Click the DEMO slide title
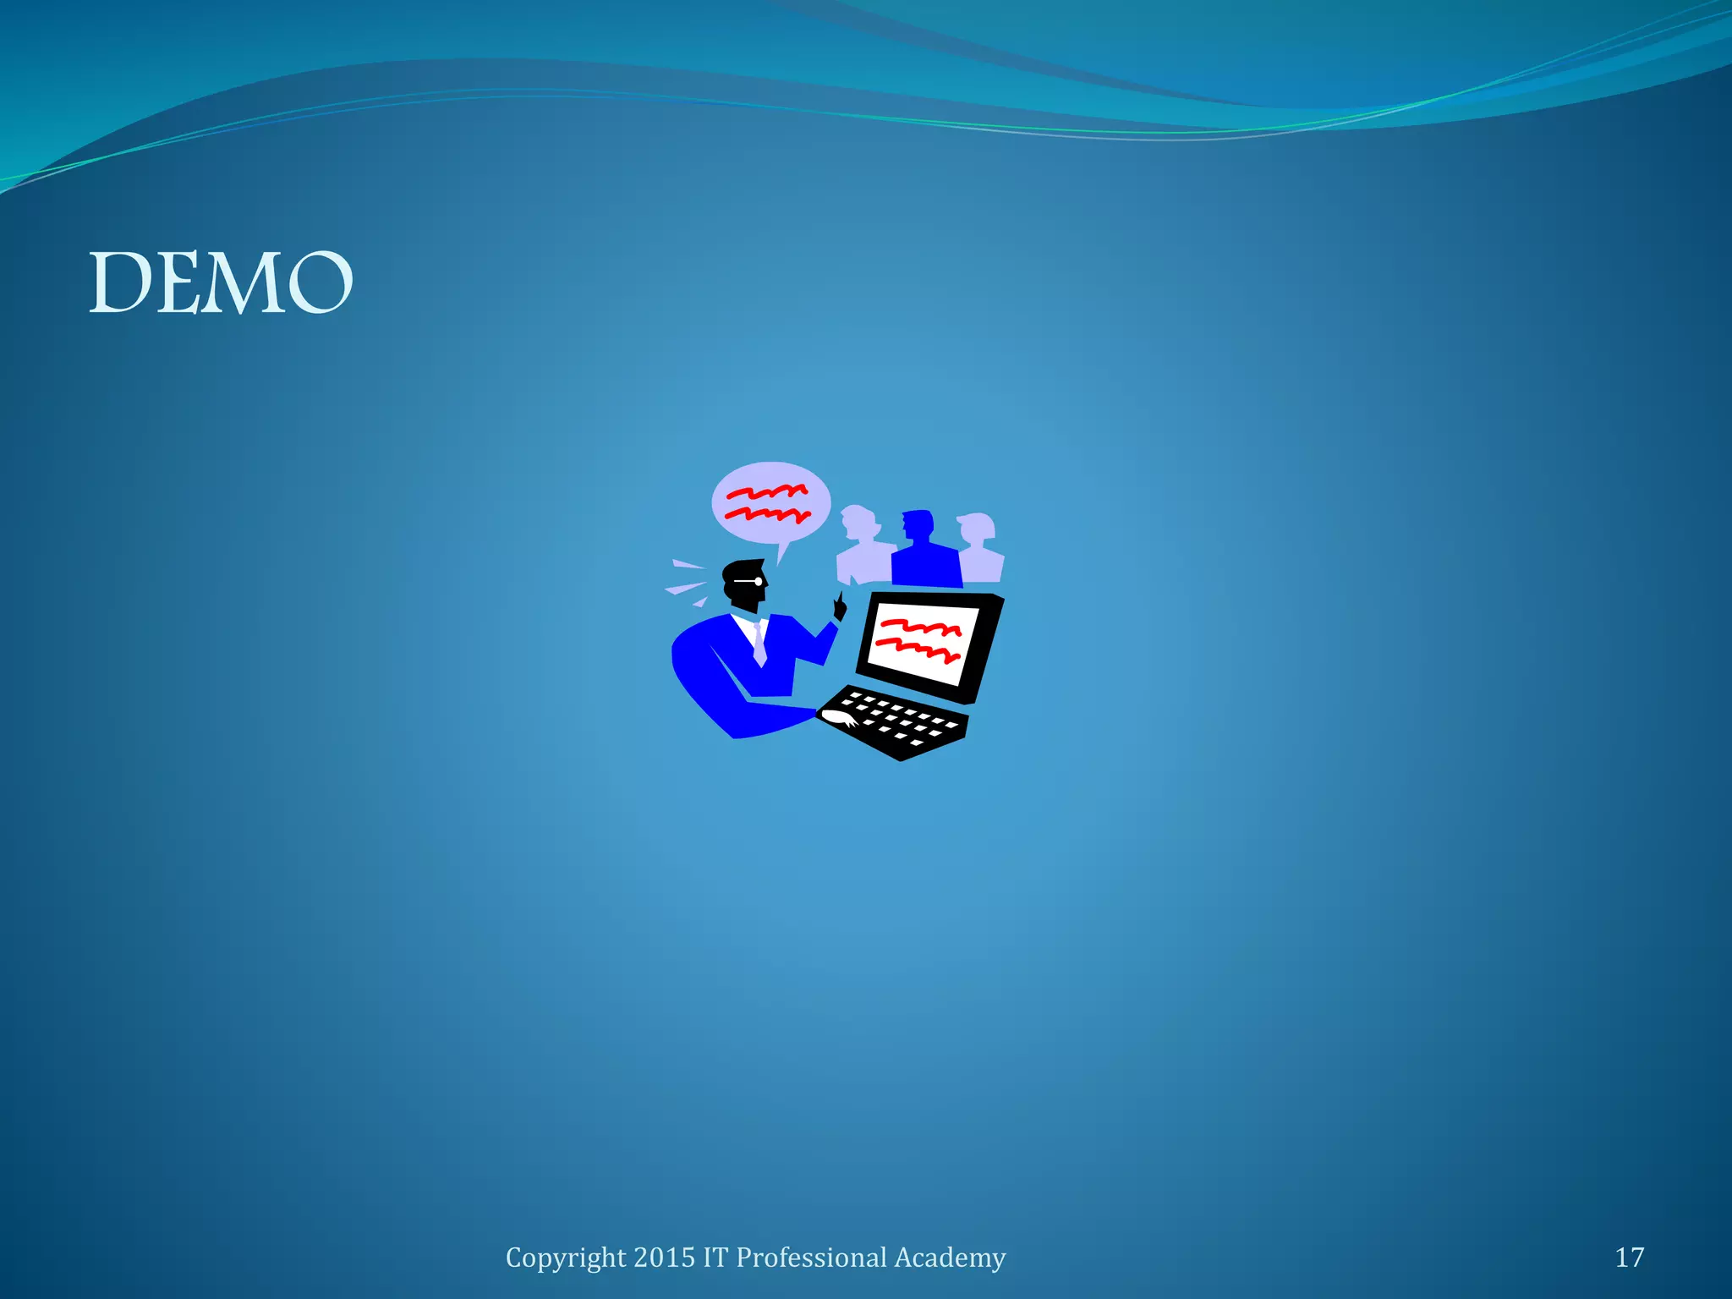click(x=221, y=282)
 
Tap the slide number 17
click(x=1629, y=1258)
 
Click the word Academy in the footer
click(x=950, y=1258)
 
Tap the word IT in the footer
click(x=715, y=1258)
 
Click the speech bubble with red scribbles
click(x=770, y=503)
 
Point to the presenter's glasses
click(x=749, y=581)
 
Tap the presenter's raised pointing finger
click(x=840, y=603)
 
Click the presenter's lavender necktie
click(x=759, y=647)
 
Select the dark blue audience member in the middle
click(x=924, y=553)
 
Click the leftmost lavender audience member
click(x=863, y=545)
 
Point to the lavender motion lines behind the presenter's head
click(x=687, y=583)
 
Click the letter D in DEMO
click(x=120, y=282)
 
